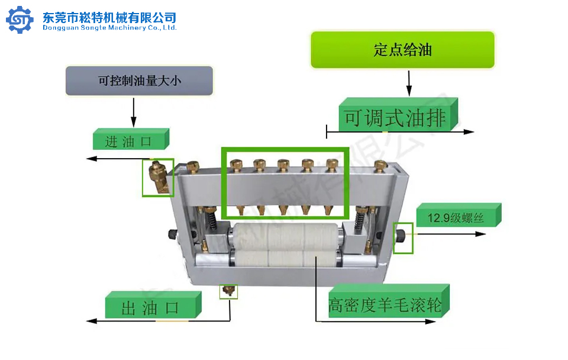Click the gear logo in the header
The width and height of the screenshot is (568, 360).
coord(20,20)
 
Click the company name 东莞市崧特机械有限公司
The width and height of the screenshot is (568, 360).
coord(109,17)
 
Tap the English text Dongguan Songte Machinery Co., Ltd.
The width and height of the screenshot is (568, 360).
coord(109,27)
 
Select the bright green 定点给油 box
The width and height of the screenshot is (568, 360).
coord(402,50)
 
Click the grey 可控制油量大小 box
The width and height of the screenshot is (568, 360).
coord(139,81)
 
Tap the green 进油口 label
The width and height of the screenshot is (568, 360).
coord(130,141)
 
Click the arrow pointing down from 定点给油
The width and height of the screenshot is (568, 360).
coord(408,83)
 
